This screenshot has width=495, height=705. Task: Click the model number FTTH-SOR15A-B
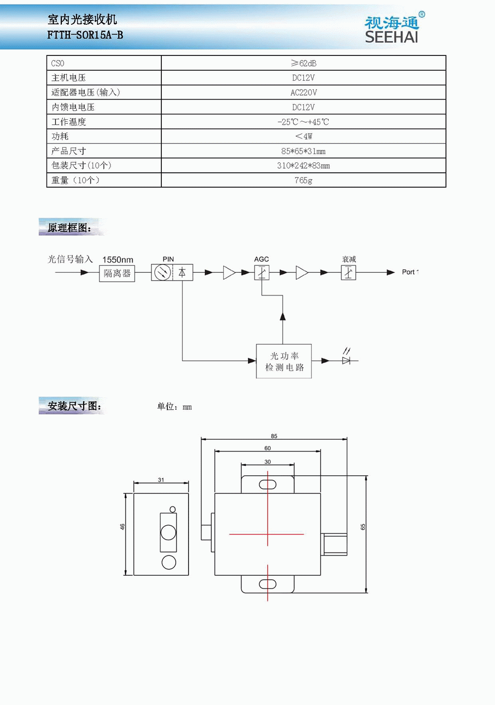click(x=85, y=35)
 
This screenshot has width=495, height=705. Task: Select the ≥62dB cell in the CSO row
click(x=303, y=63)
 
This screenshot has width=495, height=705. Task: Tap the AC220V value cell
click(x=303, y=93)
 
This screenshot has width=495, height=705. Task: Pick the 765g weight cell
click(x=303, y=180)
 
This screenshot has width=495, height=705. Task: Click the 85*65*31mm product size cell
click(x=303, y=151)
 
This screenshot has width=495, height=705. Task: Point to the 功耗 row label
click(x=60, y=136)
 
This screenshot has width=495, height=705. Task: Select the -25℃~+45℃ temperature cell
click(x=303, y=122)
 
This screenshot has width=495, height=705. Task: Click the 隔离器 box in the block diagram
click(x=117, y=273)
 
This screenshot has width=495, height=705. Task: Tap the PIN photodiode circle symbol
click(x=162, y=272)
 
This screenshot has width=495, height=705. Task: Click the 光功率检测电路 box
click(x=284, y=361)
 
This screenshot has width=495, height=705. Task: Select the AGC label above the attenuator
click(x=261, y=259)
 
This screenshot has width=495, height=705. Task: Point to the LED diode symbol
click(x=346, y=360)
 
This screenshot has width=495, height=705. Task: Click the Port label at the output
click(x=409, y=272)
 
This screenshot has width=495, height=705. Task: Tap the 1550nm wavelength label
click(x=118, y=260)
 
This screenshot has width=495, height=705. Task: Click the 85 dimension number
click(x=274, y=436)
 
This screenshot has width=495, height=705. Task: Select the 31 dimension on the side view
click(x=161, y=480)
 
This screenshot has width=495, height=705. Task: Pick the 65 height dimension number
click(x=363, y=527)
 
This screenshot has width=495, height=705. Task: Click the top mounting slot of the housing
click(x=268, y=484)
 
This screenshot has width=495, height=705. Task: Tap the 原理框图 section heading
click(x=69, y=228)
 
